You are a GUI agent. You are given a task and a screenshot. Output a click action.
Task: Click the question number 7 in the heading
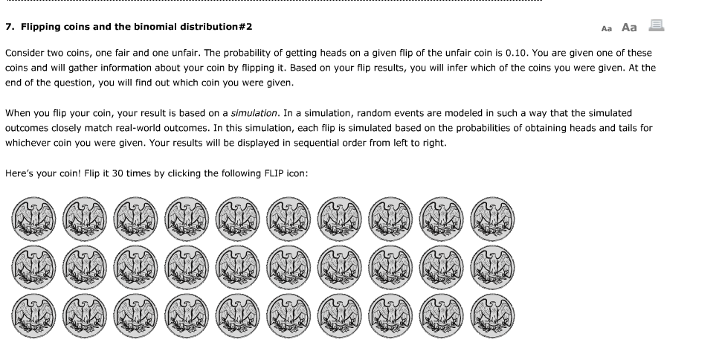tap(8, 27)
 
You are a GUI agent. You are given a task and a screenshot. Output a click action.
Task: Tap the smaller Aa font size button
tap(606, 28)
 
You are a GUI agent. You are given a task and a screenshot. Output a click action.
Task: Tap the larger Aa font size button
tap(629, 28)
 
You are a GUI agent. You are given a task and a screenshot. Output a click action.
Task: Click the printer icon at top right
tap(656, 26)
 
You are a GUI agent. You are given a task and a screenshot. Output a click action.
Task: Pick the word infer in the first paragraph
tap(435, 68)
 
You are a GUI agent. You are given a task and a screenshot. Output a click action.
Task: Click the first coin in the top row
tap(31, 218)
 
